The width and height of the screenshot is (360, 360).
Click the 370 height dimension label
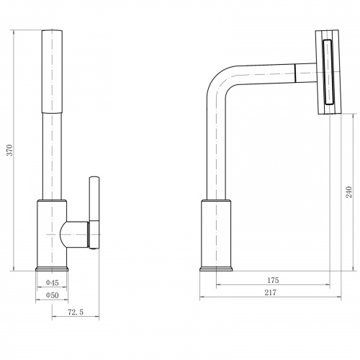pos(10,150)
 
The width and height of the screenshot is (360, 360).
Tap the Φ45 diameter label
pos(52,283)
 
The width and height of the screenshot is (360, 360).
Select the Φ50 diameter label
pos(52,295)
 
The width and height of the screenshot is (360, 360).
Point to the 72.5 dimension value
pos(76,312)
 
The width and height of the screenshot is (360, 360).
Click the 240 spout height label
pos(348,192)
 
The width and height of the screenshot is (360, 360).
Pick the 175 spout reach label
pos(273,280)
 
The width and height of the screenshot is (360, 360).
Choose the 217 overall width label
pos(271,292)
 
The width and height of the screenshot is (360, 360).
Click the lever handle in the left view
pos(94,213)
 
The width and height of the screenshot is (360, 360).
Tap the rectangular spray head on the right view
pos(328,72)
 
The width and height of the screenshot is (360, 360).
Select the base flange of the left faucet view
pos(52,269)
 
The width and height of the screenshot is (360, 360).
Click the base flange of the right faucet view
pos(216,269)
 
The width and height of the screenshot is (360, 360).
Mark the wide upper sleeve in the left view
pos(52,71)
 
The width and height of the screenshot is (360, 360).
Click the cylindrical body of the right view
pos(216,233)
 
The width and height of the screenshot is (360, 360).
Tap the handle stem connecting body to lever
pos(75,234)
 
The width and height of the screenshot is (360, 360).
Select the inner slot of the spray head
pos(328,72)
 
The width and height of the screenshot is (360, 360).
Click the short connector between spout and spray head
pos(305,73)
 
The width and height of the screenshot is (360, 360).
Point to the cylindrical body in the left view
pos(52,233)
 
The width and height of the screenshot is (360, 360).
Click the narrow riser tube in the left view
pos(52,156)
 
